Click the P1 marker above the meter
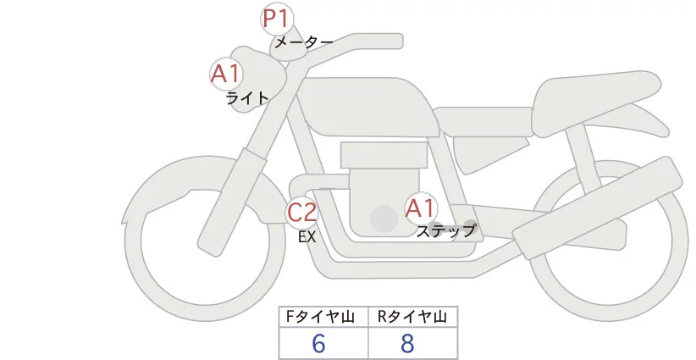(276, 19)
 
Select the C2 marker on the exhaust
(302, 212)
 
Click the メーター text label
(303, 42)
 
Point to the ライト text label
(247, 97)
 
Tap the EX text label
(307, 237)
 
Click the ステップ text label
(446, 230)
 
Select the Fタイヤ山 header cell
(323, 317)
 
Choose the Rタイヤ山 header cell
(412, 317)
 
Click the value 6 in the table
(319, 343)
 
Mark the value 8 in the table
(408, 343)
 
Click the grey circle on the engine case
(384, 219)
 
